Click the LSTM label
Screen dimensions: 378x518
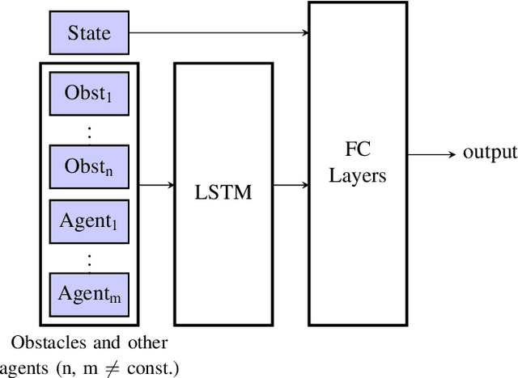coord(223,193)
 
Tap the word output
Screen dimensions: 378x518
coord(489,153)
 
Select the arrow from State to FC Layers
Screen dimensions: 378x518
coord(219,33)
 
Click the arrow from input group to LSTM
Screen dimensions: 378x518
coord(159,185)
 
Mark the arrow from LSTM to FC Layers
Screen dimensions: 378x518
coord(290,185)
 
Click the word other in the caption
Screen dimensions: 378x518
coord(148,343)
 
